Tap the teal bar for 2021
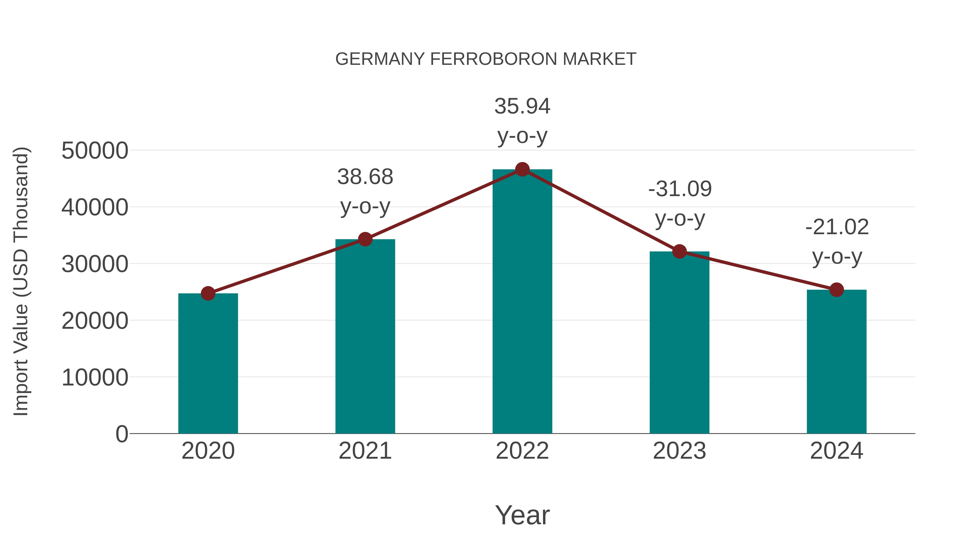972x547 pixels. (365, 336)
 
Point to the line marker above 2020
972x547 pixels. (208, 293)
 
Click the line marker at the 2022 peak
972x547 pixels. (522, 169)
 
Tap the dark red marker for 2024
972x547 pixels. (836, 290)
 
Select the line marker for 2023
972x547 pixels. (679, 251)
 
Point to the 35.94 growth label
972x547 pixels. (522, 120)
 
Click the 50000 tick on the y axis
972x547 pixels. (95, 151)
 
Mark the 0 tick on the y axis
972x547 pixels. (122, 434)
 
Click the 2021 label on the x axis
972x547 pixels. (365, 451)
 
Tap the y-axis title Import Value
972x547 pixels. (21, 281)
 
